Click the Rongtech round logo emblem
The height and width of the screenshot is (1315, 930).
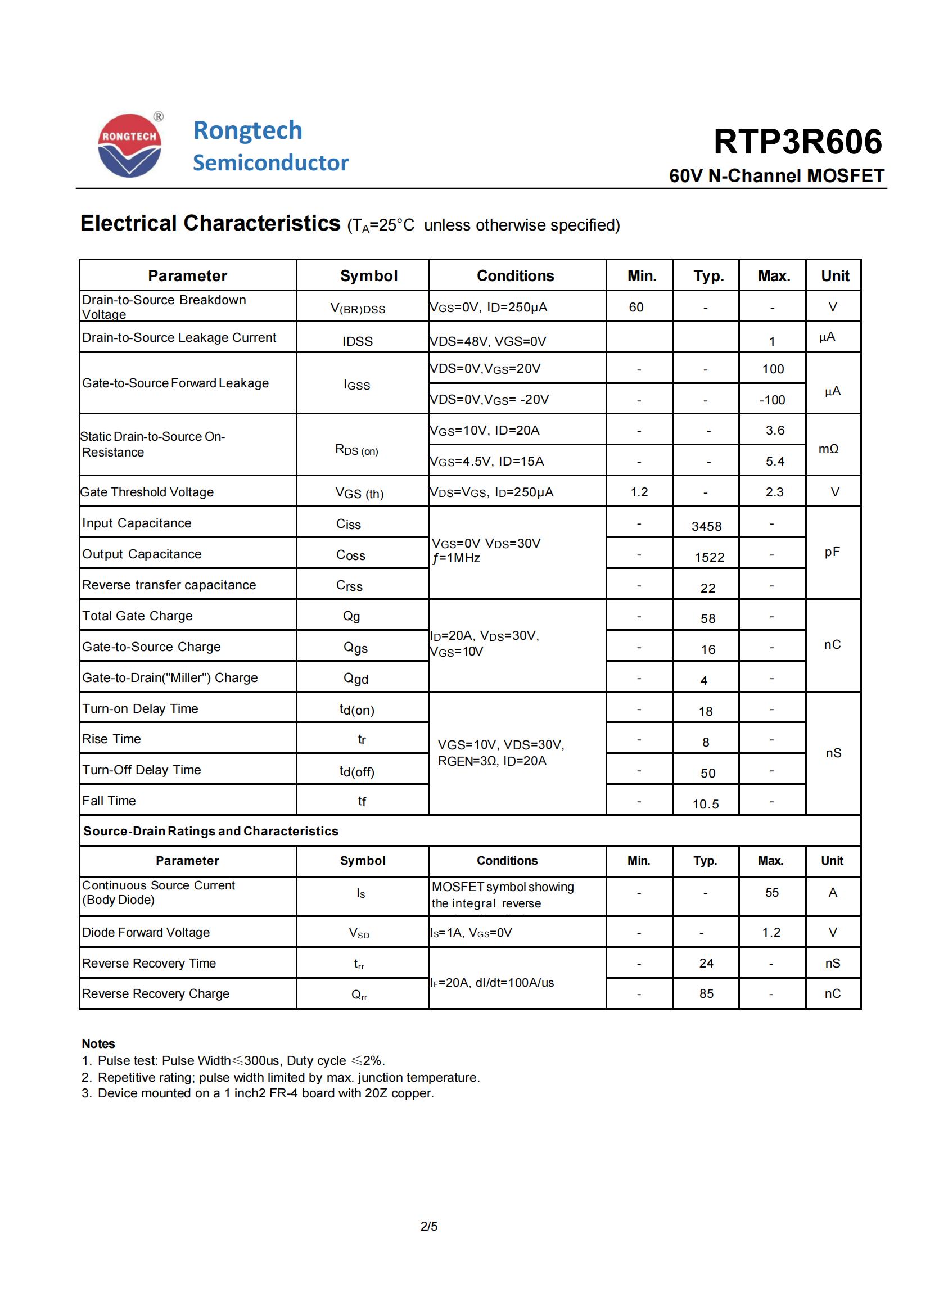(130, 146)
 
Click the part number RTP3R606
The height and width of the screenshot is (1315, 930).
(797, 142)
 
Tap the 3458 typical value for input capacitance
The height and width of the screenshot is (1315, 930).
(706, 526)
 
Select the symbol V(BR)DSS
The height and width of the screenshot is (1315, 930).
(358, 308)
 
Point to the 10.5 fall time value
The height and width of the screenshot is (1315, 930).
(706, 804)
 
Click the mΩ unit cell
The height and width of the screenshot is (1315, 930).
(828, 449)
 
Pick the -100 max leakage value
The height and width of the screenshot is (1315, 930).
(772, 400)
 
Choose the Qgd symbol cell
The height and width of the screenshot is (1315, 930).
(355, 679)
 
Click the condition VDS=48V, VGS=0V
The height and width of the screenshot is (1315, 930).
(488, 341)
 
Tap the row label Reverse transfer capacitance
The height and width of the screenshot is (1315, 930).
(169, 585)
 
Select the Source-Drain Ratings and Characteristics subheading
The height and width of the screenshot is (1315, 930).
(211, 831)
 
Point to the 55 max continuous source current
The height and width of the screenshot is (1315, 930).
(772, 892)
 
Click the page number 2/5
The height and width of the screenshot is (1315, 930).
(429, 1226)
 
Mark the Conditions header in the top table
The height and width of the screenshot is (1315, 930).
(516, 276)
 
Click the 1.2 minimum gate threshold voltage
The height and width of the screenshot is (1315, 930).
(639, 492)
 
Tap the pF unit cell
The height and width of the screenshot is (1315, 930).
(832, 552)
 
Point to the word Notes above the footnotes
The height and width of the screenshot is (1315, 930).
(98, 1043)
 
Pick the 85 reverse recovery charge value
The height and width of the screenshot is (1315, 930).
(706, 993)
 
